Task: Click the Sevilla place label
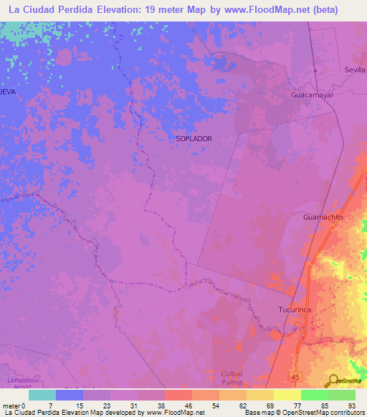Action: [355, 70]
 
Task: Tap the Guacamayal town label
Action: [313, 95]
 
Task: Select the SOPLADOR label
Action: [194, 139]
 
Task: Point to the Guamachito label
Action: [324, 217]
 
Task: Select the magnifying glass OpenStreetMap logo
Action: [334, 381]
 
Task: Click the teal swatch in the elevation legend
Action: [42, 395]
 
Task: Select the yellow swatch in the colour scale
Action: [287, 395]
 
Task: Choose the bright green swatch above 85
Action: [314, 395]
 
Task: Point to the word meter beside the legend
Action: [11, 406]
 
